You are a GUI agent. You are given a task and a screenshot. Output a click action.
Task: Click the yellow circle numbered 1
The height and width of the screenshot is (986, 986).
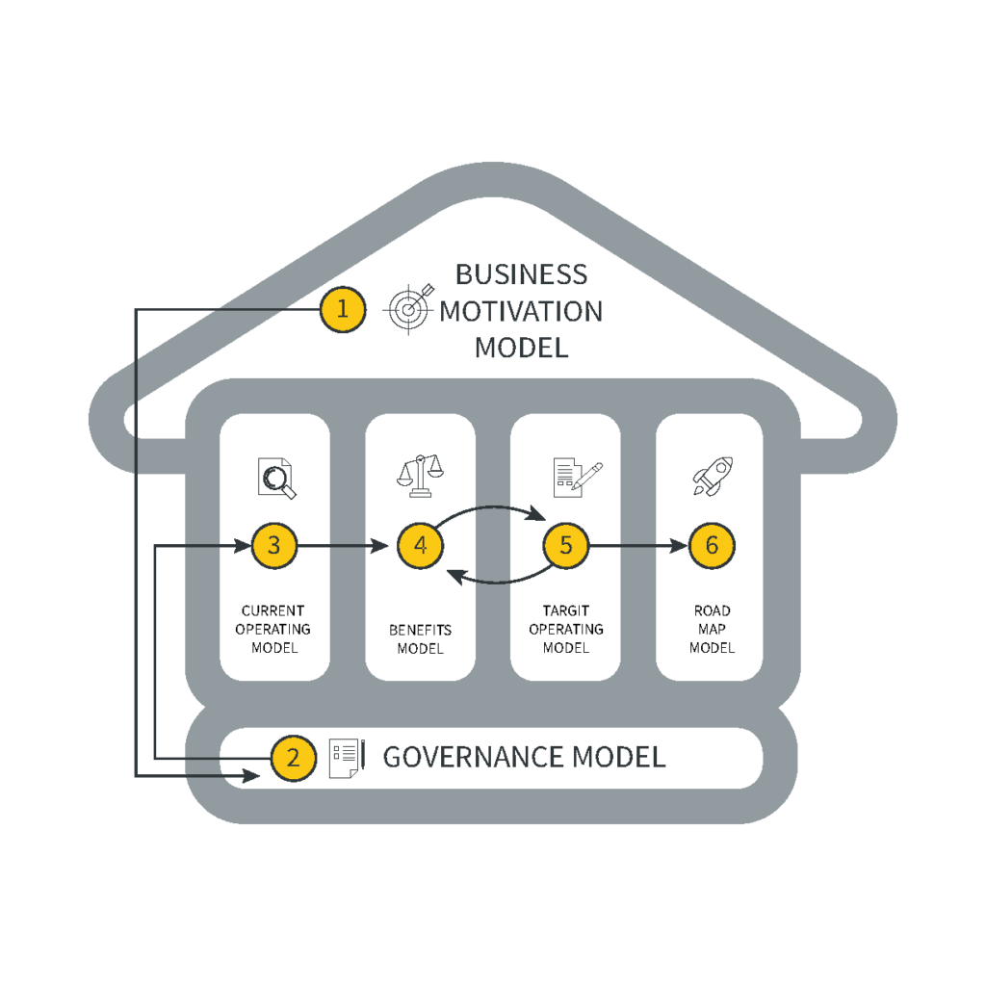(343, 309)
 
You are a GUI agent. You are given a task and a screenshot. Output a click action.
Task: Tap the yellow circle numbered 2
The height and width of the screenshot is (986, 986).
(294, 758)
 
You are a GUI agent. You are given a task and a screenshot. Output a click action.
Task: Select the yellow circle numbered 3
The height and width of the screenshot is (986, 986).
(274, 546)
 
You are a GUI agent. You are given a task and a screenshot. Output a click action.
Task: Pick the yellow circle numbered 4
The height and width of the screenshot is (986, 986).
(420, 546)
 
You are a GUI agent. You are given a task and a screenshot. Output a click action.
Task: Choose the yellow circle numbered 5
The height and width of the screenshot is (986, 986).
(566, 546)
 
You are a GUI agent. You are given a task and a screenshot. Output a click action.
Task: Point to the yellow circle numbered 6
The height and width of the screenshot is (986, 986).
(712, 546)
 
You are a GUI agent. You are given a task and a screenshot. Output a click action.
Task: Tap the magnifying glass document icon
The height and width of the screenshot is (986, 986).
(276, 478)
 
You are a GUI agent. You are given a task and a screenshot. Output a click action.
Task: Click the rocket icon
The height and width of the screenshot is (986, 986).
(713, 477)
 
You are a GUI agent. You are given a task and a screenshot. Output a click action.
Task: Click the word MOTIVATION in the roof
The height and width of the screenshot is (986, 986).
(521, 311)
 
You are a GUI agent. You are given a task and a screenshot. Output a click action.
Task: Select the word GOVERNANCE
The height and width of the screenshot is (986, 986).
(473, 757)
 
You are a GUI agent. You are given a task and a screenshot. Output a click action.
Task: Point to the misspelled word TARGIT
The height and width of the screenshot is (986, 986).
(566, 610)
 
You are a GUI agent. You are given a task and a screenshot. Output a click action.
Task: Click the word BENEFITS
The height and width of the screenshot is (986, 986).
(420, 630)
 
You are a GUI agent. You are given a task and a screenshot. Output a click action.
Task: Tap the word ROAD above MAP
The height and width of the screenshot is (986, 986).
(712, 610)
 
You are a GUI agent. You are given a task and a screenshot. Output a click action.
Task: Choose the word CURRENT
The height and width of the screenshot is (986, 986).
(273, 610)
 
